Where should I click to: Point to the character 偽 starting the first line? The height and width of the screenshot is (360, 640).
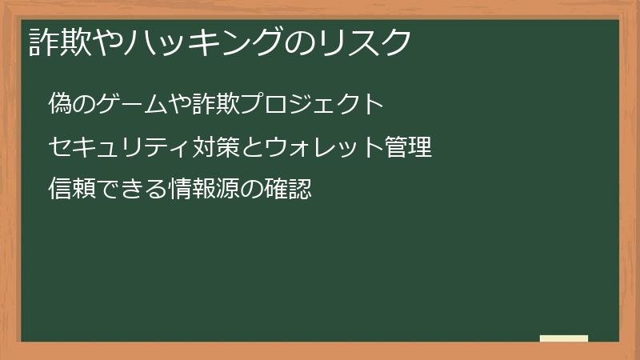58,105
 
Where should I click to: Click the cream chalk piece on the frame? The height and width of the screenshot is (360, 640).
563,338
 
